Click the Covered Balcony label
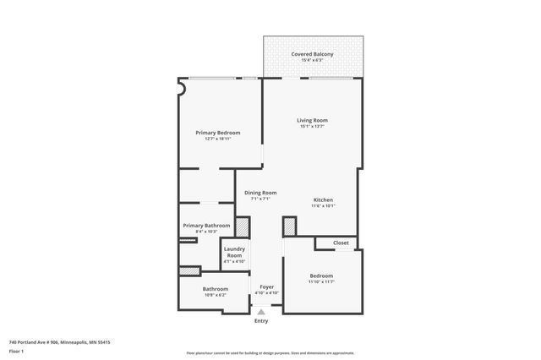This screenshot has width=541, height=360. coord(312,54)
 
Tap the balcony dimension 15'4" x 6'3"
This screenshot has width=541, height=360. coord(312,60)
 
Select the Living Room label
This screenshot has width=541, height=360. coord(312,120)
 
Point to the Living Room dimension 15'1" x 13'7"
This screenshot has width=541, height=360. coord(312,126)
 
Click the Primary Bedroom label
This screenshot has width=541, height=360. coord(218,133)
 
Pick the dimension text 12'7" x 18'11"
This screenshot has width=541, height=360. coord(218,139)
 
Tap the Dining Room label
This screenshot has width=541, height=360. coord(260,193)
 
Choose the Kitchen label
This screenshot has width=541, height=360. coord(324,199)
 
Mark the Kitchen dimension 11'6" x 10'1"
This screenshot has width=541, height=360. coord(324,205)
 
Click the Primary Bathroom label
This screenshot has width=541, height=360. coord(205,226)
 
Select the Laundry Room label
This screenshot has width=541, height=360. coord(234,252)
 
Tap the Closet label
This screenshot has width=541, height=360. coord(341,243)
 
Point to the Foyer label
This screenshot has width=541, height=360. coord(266,287)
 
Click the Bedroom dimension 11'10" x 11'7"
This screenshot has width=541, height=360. coord(321,281)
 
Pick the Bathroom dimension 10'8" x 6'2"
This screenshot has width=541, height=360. coord(216,294)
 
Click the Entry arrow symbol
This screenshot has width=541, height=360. coord(261,313)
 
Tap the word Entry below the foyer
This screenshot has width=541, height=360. coord(261,321)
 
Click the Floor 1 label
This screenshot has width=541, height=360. coord(16,351)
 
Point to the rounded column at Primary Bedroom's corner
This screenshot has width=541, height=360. coord(181,85)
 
